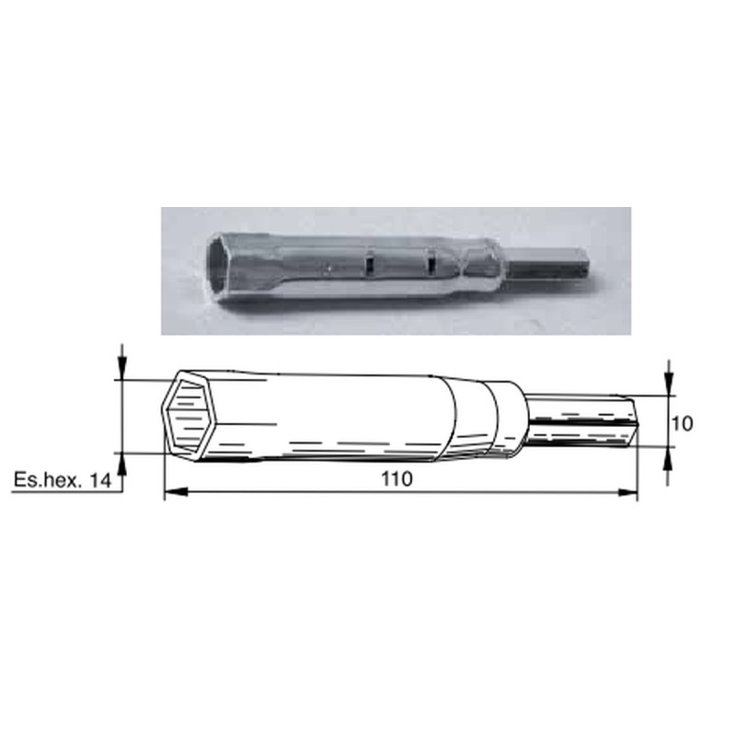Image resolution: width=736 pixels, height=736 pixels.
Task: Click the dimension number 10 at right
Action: (x=682, y=423)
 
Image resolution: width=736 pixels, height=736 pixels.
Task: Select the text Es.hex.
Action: (x=48, y=480)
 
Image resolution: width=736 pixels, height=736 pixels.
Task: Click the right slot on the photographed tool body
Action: (x=430, y=264)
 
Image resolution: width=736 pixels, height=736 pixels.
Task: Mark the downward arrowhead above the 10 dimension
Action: (x=668, y=387)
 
